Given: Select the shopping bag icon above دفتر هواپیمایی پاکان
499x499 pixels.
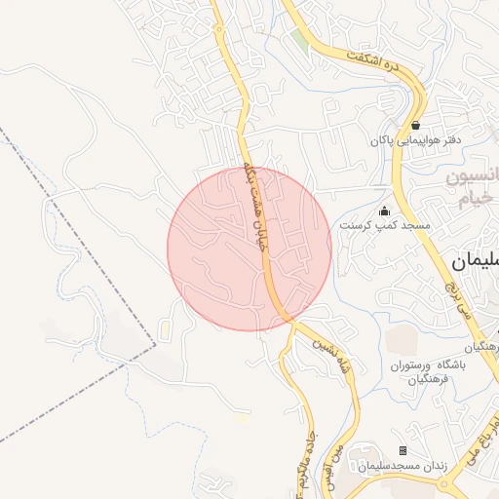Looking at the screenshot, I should [x=416, y=126].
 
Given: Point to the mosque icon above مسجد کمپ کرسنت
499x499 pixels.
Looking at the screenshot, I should [x=384, y=211].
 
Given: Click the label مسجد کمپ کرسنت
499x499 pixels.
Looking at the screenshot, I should [x=384, y=225].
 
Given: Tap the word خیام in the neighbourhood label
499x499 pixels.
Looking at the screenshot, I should [x=472, y=200].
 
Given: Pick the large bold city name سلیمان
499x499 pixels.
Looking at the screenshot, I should [x=476, y=261].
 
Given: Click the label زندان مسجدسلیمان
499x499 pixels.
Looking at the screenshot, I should [x=401, y=466].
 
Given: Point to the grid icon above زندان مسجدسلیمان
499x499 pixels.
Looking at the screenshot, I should [x=403, y=450].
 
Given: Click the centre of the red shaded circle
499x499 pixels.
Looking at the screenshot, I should [x=249, y=249].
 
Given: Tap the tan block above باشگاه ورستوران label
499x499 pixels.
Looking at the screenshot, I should [x=403, y=339].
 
